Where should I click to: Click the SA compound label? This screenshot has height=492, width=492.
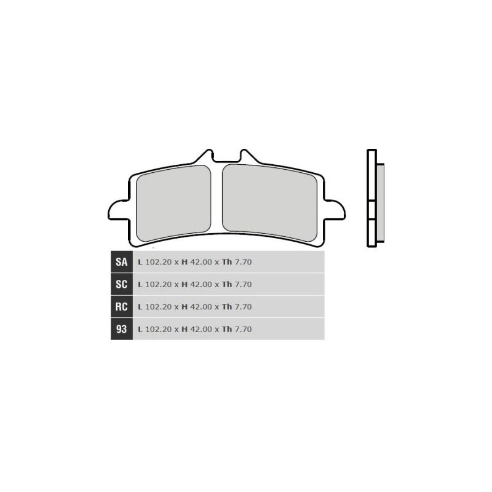[x=121, y=262]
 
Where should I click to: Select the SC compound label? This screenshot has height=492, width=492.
[x=121, y=284]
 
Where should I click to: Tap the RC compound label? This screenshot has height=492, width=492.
[x=121, y=306]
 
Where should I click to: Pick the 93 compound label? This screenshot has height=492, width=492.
[x=121, y=329]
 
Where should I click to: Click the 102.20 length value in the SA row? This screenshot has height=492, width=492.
[x=159, y=262]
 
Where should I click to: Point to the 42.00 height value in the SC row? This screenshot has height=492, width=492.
[x=201, y=285]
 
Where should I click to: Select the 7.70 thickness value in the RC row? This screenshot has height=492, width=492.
[x=244, y=307]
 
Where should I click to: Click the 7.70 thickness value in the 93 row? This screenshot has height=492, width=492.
[x=244, y=330]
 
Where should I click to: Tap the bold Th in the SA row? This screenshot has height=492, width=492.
[x=227, y=262]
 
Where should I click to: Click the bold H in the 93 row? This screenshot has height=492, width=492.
[x=184, y=330]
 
